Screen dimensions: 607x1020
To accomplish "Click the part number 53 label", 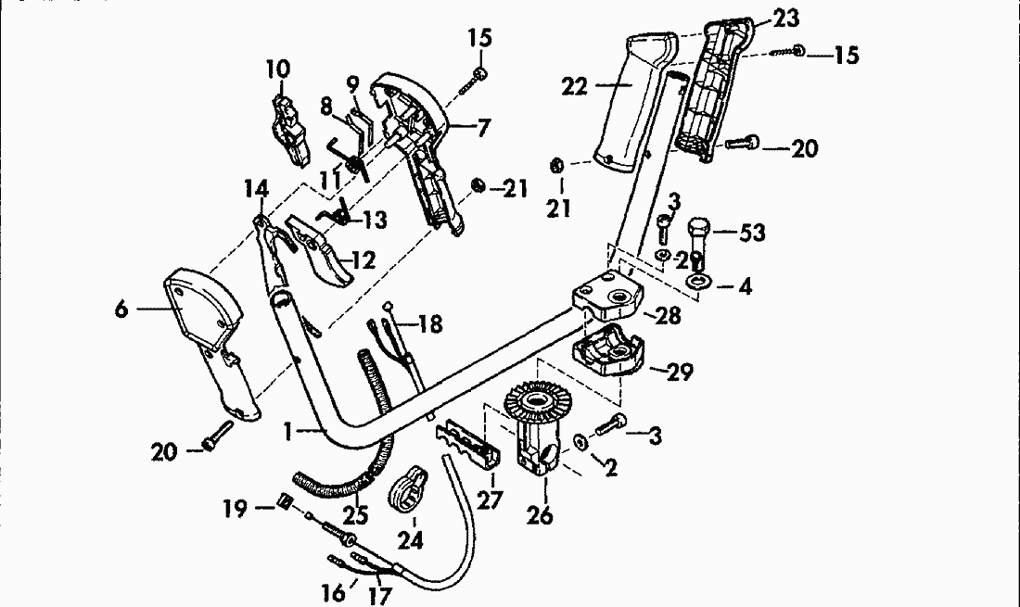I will (x=752, y=233).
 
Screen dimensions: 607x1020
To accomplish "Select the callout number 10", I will (x=277, y=69).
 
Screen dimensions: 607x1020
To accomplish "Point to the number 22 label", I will (x=575, y=87).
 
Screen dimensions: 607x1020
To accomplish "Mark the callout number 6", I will (x=121, y=310).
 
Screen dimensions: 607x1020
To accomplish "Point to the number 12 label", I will (x=363, y=260).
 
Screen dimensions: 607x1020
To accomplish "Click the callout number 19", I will (x=233, y=508).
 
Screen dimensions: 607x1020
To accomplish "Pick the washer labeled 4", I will (x=696, y=281).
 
